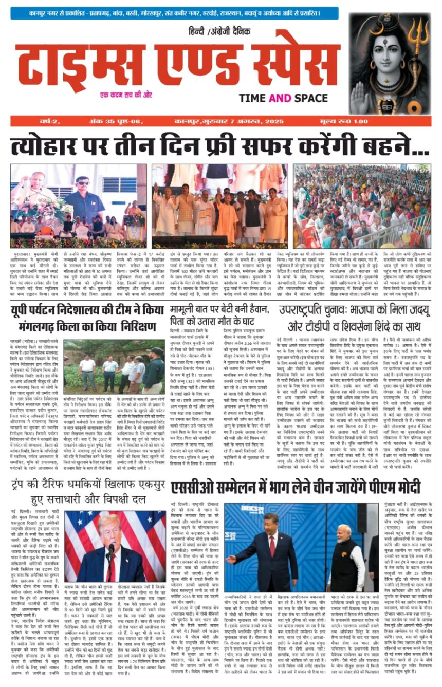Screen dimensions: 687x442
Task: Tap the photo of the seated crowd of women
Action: click(362, 206)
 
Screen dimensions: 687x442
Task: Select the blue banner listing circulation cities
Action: click(177, 13)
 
